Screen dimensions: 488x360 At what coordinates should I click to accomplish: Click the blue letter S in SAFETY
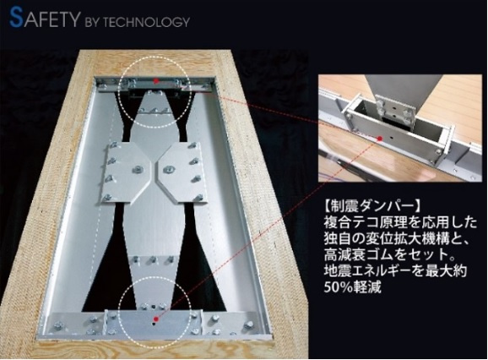[x=16, y=18]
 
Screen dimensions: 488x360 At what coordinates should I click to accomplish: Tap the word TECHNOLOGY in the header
[x=146, y=22]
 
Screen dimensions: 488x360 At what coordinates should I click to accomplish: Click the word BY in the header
[x=92, y=23]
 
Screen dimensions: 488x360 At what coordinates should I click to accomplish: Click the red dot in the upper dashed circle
[x=156, y=80]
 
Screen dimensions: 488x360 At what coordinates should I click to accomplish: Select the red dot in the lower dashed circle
[x=156, y=319]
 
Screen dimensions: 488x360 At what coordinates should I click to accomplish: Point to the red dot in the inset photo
[x=379, y=139]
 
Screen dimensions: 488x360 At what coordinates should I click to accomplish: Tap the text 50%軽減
[x=353, y=286]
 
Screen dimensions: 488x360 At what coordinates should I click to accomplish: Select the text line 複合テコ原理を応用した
[x=400, y=222]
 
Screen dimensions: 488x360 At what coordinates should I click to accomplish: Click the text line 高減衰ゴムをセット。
[x=390, y=254]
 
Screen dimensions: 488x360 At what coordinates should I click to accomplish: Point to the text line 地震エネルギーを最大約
[x=395, y=270]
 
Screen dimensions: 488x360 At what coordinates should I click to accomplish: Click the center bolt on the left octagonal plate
[x=136, y=169]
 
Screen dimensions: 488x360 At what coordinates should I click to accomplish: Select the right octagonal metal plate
[x=181, y=173]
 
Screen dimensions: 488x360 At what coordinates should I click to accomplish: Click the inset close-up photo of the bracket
[x=403, y=128]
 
